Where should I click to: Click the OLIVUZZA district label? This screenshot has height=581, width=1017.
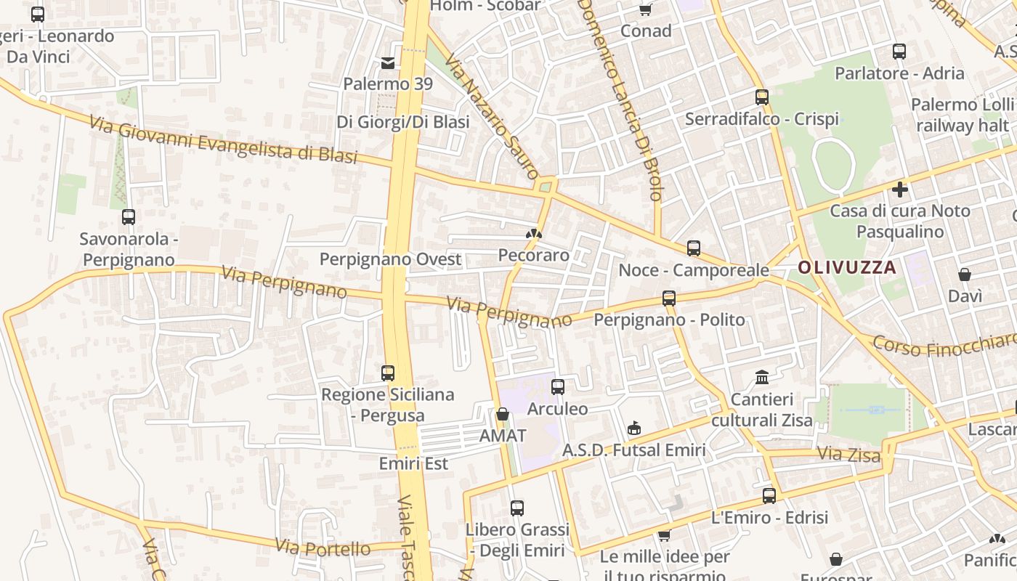(847, 267)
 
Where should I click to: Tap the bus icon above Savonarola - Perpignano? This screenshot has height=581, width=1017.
(129, 216)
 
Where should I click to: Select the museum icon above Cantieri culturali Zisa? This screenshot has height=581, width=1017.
(762, 377)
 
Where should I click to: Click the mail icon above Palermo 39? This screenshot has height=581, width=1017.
(388, 62)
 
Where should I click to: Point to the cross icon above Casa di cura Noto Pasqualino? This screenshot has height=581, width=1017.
(900, 190)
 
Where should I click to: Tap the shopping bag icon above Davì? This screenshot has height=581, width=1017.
(965, 275)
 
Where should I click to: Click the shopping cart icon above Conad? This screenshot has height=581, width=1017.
(645, 9)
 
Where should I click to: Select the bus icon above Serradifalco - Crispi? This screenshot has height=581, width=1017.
(761, 97)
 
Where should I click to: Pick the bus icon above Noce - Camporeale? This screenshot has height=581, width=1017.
(694, 248)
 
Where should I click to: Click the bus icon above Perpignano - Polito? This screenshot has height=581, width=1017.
(669, 298)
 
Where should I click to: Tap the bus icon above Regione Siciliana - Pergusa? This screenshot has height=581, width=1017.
(388, 373)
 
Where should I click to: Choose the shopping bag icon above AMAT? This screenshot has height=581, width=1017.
(502, 414)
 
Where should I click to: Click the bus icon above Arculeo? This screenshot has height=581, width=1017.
(557, 387)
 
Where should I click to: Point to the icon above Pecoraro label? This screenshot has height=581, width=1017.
(534, 234)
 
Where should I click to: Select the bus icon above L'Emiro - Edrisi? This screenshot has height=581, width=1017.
(769, 496)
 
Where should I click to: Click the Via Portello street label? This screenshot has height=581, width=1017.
(323, 547)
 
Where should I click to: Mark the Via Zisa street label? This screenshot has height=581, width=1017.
(848, 455)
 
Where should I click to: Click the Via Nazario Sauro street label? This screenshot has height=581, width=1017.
(491, 116)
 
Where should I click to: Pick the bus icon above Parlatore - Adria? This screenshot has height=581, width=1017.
(899, 52)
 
